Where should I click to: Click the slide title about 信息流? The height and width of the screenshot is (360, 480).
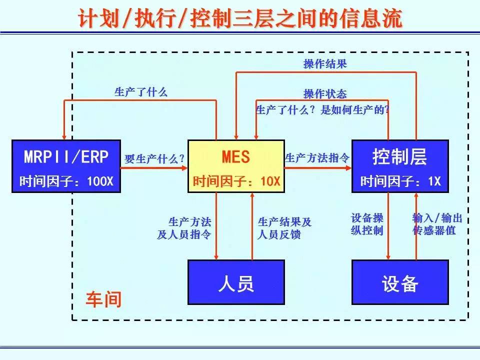coord(240,19)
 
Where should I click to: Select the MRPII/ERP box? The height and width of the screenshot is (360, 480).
coord(66,166)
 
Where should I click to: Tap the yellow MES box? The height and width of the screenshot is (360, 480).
coord(235,166)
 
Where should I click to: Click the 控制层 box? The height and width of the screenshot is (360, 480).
coord(400,166)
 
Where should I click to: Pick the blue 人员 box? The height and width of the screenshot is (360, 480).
coord(235,282)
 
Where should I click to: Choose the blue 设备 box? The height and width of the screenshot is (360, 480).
coord(400,282)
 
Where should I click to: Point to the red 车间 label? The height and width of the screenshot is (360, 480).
coord(103,299)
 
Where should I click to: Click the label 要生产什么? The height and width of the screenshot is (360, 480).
coord(154,159)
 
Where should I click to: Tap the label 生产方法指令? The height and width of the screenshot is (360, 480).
coord(317,158)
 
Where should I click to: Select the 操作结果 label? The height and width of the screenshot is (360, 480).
coord(325,64)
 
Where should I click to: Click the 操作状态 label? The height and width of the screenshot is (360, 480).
coord(325,94)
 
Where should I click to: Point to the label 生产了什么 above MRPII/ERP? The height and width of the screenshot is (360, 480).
coord(141,92)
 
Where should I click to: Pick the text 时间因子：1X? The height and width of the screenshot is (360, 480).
coord(400,181)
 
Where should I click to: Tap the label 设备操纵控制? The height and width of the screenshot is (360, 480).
coord(367,224)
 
